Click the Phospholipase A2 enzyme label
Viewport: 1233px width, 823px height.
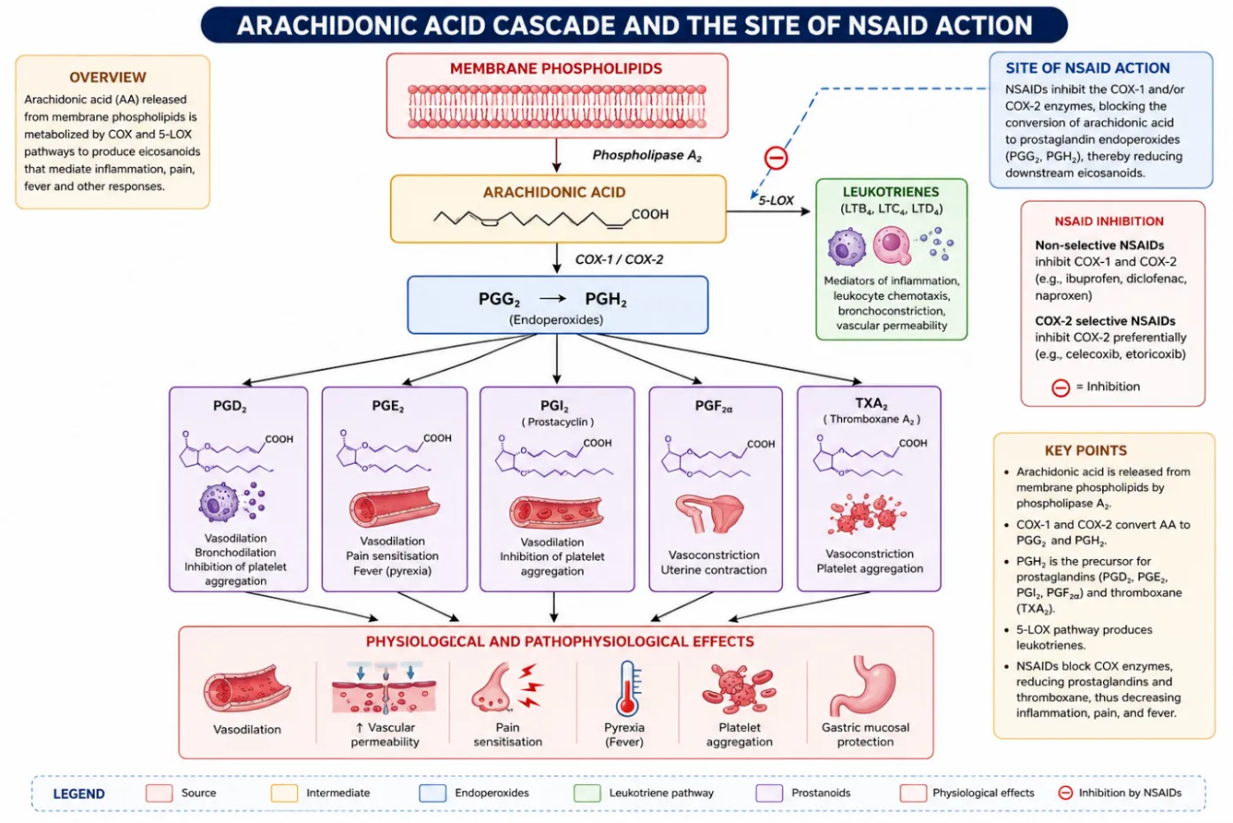click(x=647, y=156)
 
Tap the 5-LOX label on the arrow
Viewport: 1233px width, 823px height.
click(x=776, y=201)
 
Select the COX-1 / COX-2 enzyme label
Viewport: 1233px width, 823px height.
click(x=618, y=259)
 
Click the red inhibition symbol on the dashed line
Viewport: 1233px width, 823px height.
click(x=776, y=158)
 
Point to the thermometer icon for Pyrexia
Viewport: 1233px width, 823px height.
click(x=628, y=688)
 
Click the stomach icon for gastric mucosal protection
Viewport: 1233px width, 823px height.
click(x=862, y=686)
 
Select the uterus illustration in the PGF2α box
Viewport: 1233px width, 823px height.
click(x=709, y=513)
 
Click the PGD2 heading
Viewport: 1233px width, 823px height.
click(x=230, y=406)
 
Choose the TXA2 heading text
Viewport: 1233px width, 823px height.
click(x=871, y=404)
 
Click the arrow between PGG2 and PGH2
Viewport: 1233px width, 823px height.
click(x=553, y=298)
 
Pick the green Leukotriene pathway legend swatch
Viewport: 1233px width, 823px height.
click(x=586, y=793)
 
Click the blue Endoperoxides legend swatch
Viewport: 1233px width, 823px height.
click(x=433, y=793)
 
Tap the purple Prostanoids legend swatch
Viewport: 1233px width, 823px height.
click(x=769, y=793)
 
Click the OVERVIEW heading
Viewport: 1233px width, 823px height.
click(x=108, y=77)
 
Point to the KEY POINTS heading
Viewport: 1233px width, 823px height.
click(x=1085, y=450)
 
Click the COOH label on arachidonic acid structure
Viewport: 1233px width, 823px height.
click(x=649, y=214)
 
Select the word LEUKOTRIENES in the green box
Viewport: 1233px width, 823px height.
click(x=891, y=192)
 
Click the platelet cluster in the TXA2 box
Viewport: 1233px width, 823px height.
click(x=867, y=514)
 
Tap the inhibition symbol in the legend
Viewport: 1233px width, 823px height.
click(x=1065, y=793)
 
